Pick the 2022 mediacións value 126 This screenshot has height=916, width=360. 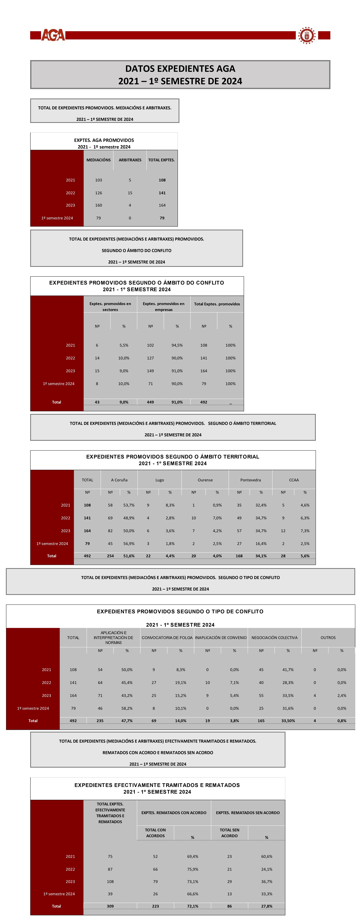click(98, 193)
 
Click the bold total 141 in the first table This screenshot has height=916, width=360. click(162, 193)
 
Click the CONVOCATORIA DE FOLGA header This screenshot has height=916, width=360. click(167, 638)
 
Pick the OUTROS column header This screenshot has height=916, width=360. click(328, 638)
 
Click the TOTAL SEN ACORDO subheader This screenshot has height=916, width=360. click(229, 833)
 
